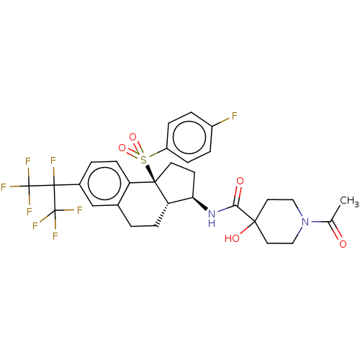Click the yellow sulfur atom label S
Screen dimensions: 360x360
[x=143, y=160]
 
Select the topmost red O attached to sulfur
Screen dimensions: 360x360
[x=132, y=137]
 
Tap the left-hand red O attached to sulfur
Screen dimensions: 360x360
[x=122, y=148]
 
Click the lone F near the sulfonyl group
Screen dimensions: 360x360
[x=234, y=116]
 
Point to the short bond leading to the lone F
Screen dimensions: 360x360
[x=223, y=121]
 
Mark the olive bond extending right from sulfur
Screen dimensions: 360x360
[x=153, y=156]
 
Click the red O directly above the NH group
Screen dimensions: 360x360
[x=240, y=181]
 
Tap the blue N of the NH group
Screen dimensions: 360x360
[x=211, y=213]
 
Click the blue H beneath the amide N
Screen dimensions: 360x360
[x=211, y=224]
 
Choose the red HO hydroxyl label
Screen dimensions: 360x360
[x=232, y=238]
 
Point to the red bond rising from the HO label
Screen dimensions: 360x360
[x=244, y=231]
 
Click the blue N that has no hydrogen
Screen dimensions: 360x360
[x=305, y=222]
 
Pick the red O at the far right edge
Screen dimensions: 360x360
[x=343, y=245]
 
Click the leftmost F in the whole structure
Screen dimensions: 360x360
[x=4, y=187]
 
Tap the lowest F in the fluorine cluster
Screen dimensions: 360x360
[x=55, y=236]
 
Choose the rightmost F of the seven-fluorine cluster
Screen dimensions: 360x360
[x=79, y=210]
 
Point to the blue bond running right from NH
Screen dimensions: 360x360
[x=222, y=210]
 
